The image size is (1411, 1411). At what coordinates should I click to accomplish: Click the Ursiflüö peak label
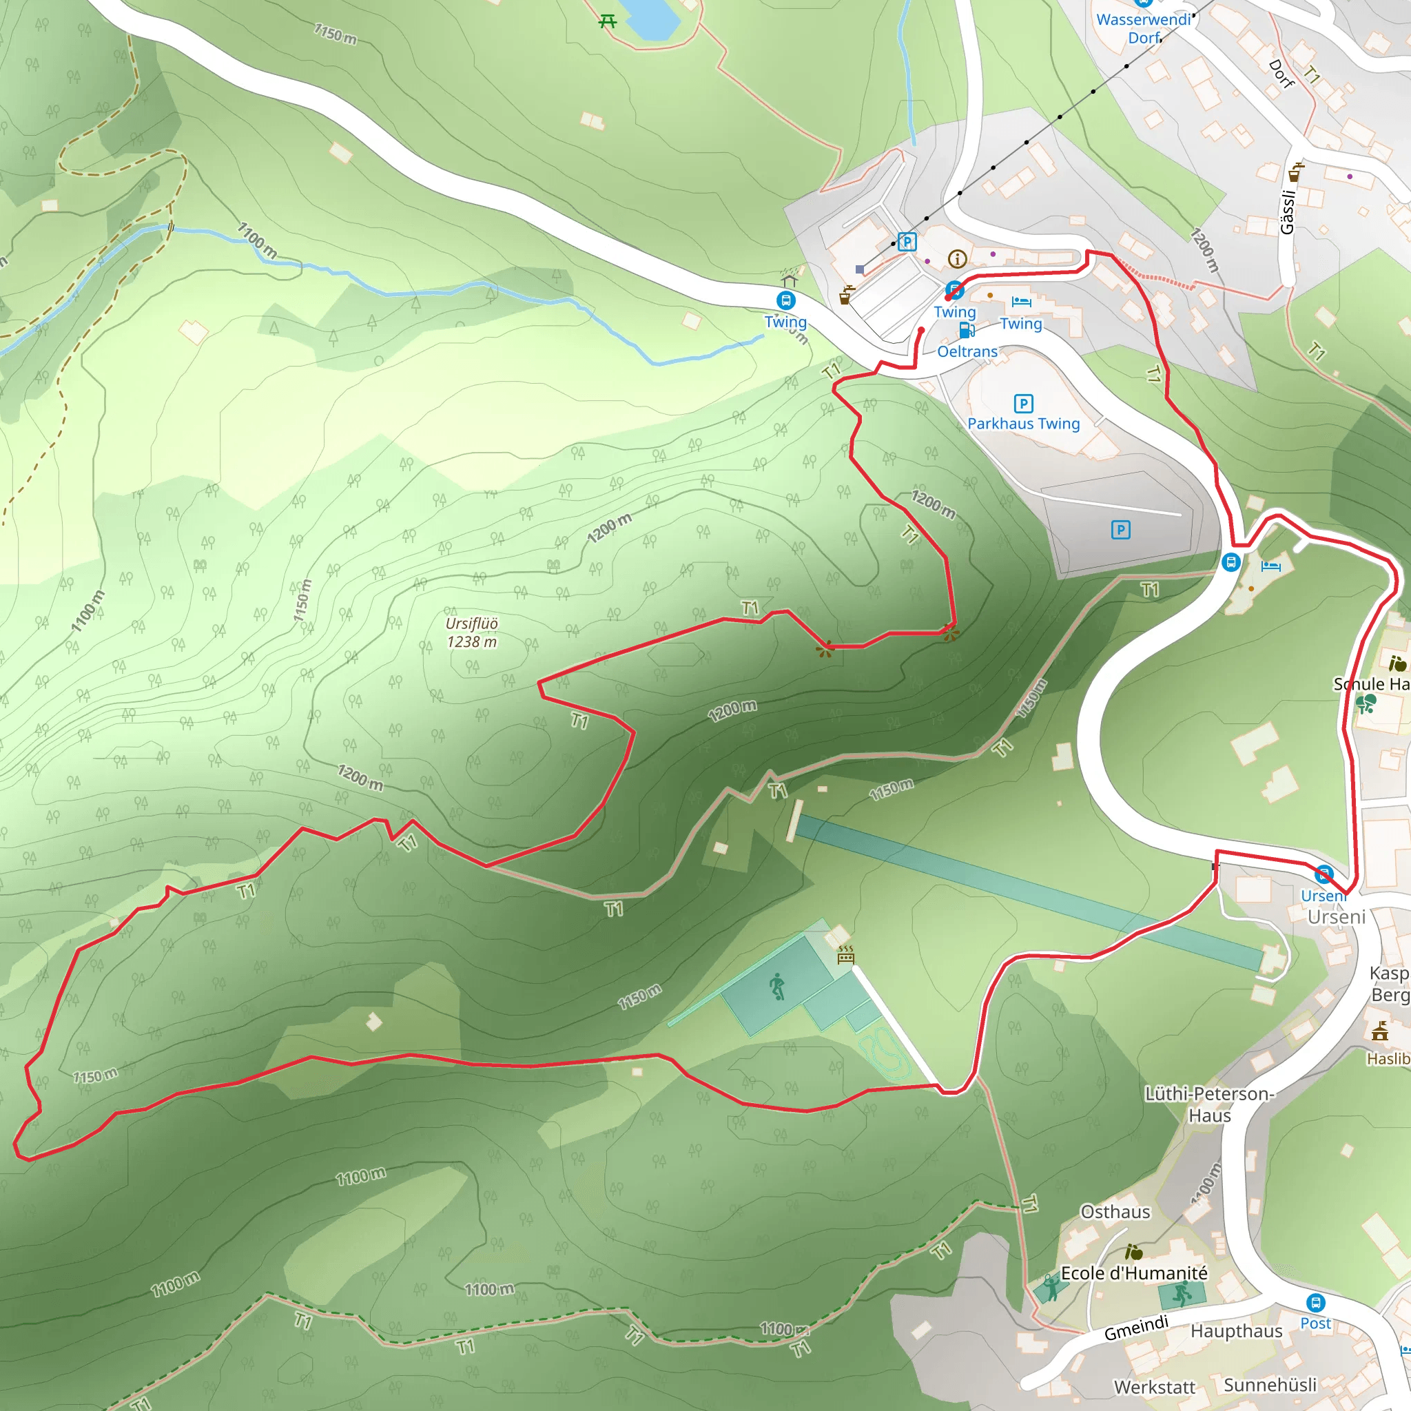[472, 632]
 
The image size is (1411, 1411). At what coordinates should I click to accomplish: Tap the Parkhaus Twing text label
[1023, 424]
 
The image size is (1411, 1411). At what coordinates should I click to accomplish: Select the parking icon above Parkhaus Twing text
[1023, 403]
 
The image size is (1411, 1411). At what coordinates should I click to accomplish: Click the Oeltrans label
[967, 351]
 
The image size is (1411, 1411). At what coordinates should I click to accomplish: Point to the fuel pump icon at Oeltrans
[966, 331]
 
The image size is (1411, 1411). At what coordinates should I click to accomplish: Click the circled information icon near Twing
[957, 258]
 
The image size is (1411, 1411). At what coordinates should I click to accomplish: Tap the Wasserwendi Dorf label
[1144, 28]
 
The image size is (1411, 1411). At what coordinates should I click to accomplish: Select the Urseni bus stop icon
[1324, 874]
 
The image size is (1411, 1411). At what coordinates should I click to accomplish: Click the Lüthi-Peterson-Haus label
[1209, 1104]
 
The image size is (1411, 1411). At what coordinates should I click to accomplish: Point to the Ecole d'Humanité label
[1134, 1273]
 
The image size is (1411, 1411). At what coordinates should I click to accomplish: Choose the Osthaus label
[1115, 1212]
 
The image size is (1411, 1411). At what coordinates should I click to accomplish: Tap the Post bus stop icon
[1315, 1302]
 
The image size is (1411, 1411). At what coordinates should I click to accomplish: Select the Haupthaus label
[1237, 1330]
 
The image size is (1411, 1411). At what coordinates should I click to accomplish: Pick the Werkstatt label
[1155, 1386]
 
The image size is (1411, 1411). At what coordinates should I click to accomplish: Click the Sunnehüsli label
[1270, 1384]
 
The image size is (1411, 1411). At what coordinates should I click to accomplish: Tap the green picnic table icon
[608, 21]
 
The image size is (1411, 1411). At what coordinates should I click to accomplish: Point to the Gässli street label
[1288, 212]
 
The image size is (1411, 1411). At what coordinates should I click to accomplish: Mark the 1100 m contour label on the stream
[257, 240]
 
